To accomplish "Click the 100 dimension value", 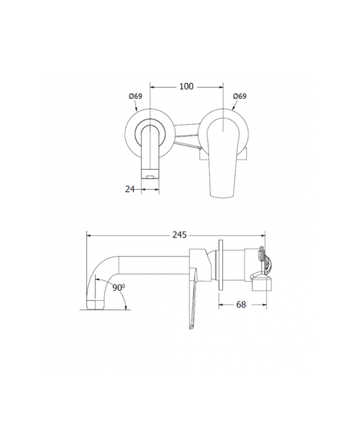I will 186,86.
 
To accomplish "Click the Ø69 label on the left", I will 136,96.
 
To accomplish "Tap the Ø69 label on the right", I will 239,96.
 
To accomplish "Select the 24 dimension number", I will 130,189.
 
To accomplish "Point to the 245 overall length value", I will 179,235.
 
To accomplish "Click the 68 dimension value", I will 241,305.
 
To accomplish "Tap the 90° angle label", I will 119,288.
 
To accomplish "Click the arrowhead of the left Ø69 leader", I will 136,110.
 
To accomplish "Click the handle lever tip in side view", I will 191,327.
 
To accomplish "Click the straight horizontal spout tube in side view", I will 154,265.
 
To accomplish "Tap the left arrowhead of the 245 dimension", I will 89,235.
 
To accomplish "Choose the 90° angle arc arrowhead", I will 125,307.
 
